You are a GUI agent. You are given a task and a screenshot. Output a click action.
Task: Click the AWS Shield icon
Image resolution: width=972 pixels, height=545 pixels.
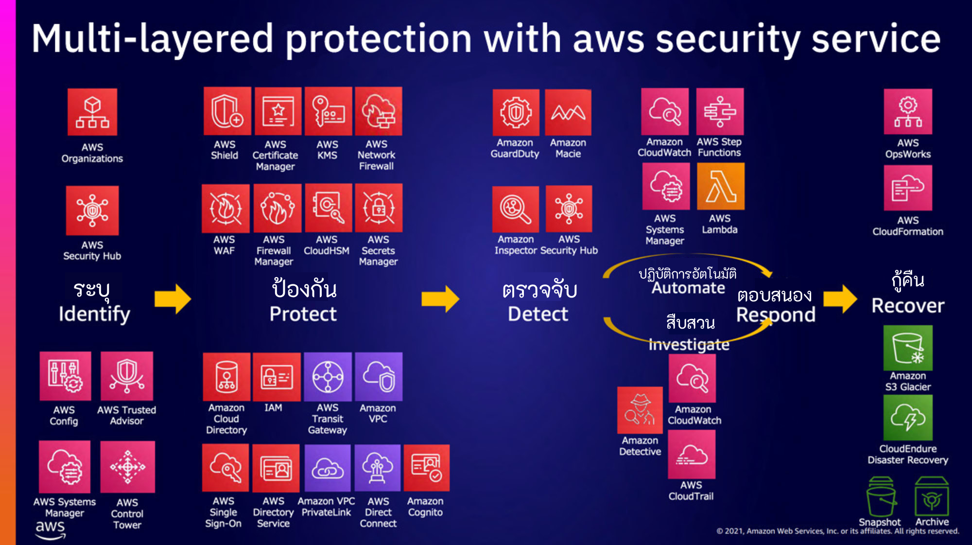tap(227, 111)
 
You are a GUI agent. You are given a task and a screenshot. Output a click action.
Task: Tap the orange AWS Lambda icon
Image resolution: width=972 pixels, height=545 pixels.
tap(720, 186)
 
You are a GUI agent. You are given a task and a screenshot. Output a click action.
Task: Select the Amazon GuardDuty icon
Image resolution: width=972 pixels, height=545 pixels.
tap(516, 112)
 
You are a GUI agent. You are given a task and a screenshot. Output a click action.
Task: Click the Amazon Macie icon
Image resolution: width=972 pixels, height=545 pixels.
tap(568, 112)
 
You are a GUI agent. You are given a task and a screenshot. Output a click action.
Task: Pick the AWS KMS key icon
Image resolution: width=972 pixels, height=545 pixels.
tap(328, 111)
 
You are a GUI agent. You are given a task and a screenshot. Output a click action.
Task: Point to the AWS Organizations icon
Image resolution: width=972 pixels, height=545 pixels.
tap(92, 112)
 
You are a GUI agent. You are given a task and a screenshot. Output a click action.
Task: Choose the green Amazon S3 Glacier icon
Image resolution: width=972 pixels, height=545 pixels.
tap(907, 348)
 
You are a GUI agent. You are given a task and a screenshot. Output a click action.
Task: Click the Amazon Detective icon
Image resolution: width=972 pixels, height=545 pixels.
tap(640, 410)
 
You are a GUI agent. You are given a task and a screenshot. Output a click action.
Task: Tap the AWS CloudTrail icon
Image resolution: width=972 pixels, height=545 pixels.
tap(691, 455)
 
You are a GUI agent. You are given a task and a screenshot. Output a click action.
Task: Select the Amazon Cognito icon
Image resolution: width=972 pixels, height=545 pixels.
tap(426, 468)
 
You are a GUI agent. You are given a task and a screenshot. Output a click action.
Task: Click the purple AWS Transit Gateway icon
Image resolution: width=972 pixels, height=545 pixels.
tap(328, 377)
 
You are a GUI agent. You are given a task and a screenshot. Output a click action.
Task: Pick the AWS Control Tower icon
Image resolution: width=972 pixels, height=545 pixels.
tap(127, 467)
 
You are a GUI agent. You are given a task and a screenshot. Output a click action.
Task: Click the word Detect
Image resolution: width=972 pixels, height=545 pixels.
tap(538, 314)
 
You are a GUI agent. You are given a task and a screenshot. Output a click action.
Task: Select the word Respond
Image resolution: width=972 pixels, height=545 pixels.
tap(776, 315)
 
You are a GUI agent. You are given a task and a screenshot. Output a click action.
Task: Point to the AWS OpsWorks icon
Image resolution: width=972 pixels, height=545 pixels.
tap(907, 112)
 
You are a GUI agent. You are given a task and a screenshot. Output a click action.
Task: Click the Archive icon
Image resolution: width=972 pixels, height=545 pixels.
tap(931, 496)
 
